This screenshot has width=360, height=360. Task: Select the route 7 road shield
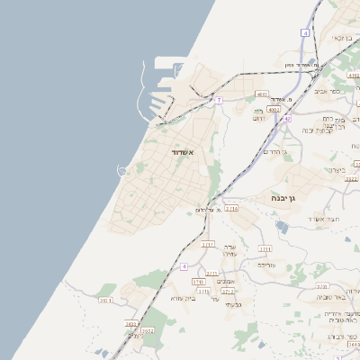pos(219,100)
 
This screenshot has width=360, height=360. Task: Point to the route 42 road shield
pos(287,118)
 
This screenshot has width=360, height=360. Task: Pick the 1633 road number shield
pos(131,323)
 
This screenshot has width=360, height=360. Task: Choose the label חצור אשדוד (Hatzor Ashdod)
pos(320,219)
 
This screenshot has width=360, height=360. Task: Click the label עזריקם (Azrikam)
pos(265,265)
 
